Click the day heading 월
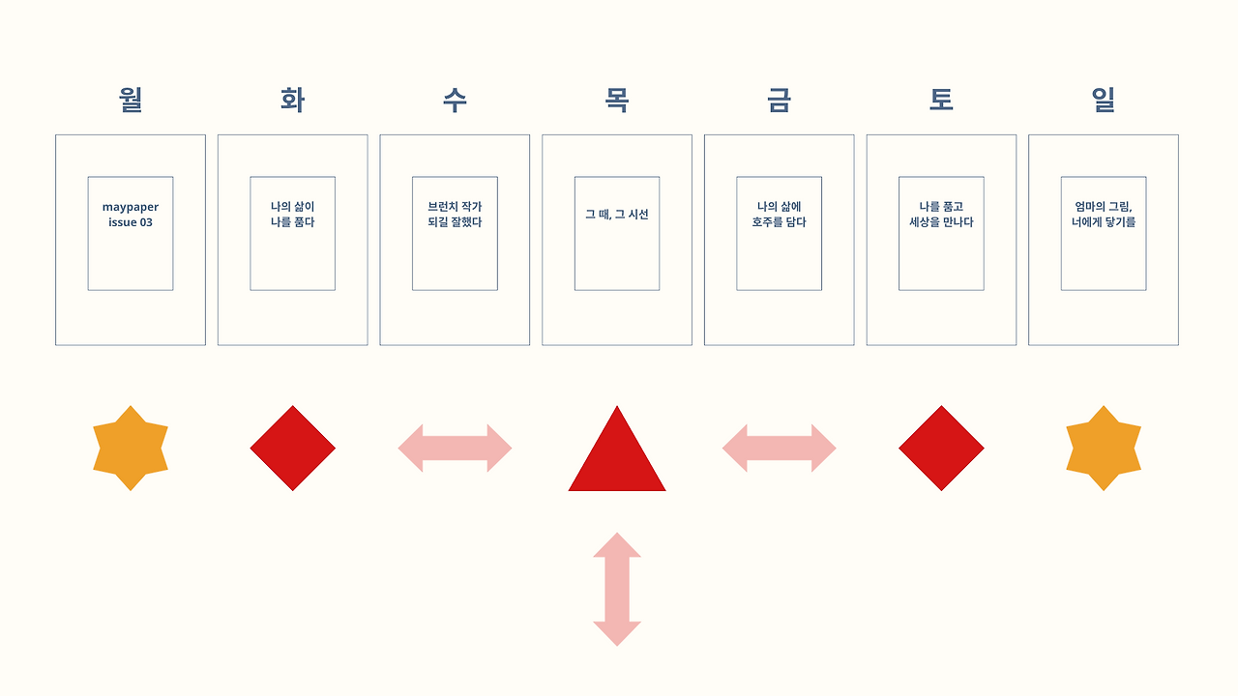pos(131,100)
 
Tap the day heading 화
pos(292,100)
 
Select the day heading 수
pos(455,100)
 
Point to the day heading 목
pos(617,100)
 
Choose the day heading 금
pos(779,100)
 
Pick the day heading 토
pos(941,100)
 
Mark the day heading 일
pos(1104,100)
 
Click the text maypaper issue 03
pos(131,215)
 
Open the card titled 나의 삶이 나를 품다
pos(292,215)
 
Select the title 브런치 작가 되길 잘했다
pos(455,215)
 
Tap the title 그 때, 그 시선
pos(617,215)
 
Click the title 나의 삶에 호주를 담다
pos(779,215)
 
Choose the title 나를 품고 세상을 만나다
pos(941,215)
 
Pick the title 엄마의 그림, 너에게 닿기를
pos(1104,215)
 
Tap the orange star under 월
pos(131,449)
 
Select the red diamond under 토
pos(941,449)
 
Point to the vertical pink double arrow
pos(617,589)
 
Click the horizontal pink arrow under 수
pos(455,449)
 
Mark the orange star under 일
pos(1104,449)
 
